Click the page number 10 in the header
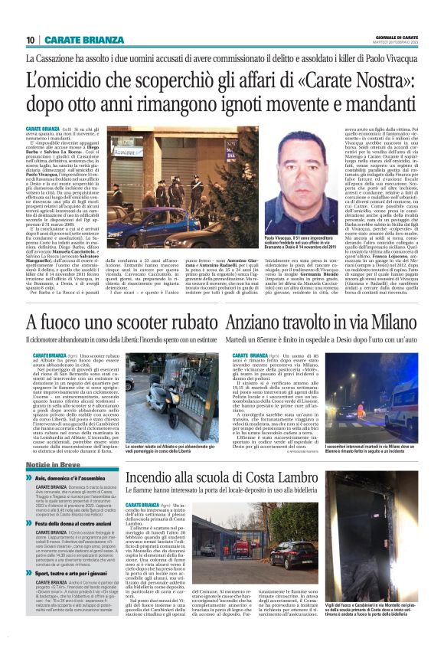(31, 40)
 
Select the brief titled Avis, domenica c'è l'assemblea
(72, 478)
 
